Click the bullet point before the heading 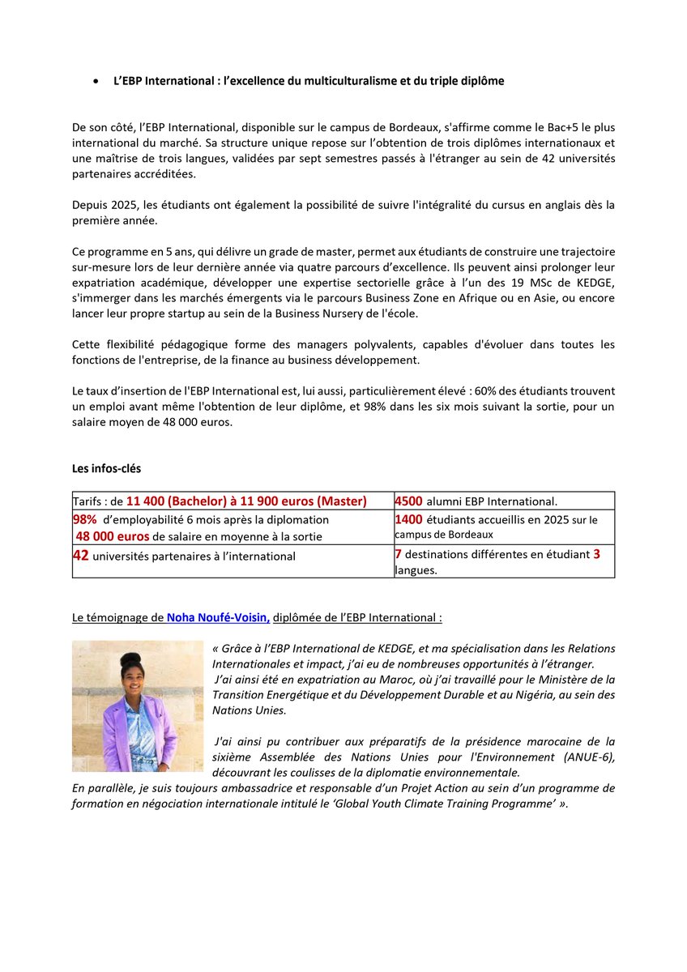point(96,82)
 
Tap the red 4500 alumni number point(408,501)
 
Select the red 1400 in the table point(408,519)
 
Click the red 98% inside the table point(85,519)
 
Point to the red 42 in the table point(81,556)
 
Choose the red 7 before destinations point(398,555)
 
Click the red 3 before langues point(596,555)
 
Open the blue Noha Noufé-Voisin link point(218,617)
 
